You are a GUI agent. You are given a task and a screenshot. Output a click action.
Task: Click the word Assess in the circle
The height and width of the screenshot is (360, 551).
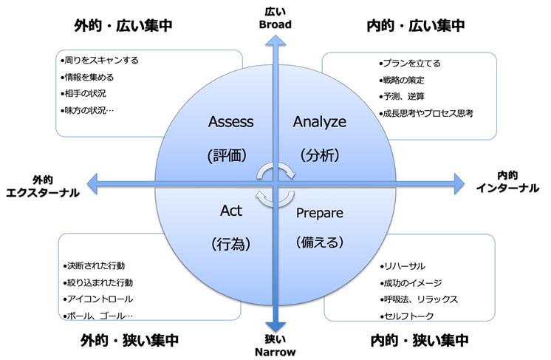231,121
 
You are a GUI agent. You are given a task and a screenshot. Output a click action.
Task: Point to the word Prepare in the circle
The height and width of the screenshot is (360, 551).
320,213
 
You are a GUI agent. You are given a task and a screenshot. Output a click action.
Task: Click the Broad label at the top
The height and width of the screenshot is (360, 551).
277,24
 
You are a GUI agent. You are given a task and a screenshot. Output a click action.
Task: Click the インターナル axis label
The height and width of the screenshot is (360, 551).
507,188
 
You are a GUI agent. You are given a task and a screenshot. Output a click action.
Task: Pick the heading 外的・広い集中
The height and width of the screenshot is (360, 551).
123,25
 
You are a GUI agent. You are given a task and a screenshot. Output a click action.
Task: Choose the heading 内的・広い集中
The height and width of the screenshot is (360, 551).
416,25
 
